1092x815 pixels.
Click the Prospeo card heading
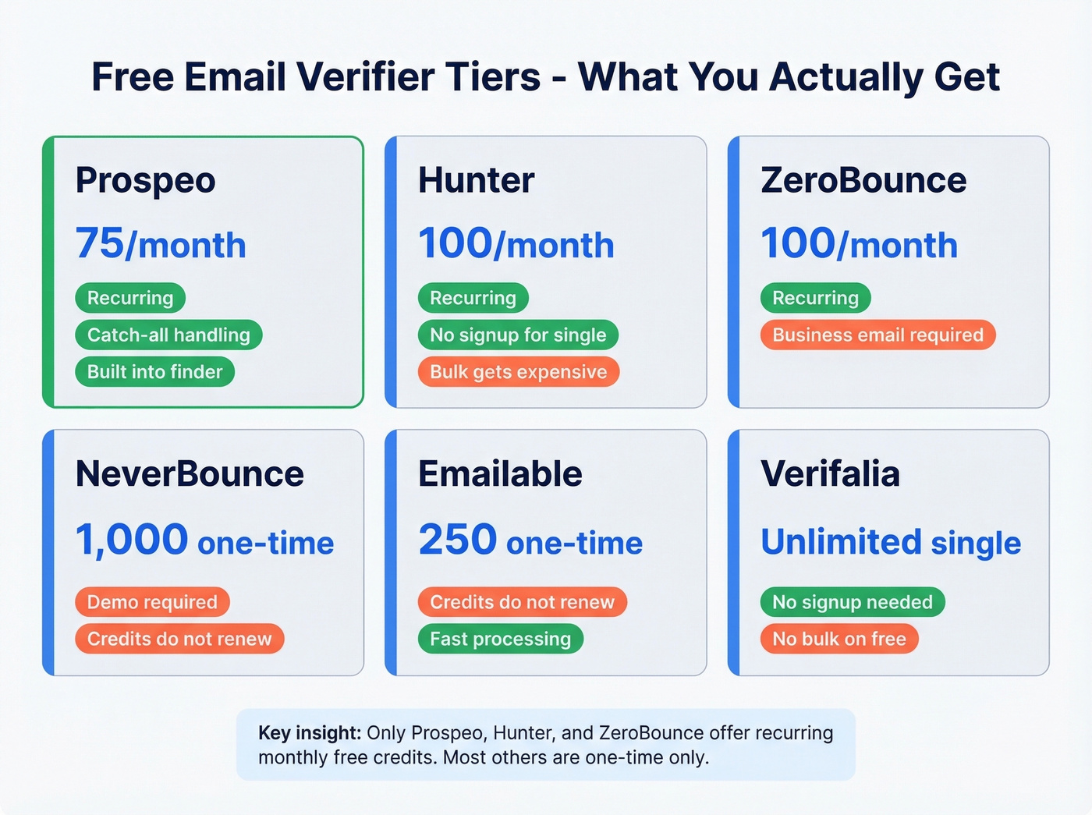(145, 181)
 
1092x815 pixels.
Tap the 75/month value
(161, 244)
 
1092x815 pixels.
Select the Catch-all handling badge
(168, 335)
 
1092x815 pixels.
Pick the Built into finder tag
(154, 372)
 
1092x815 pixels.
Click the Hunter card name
(476, 181)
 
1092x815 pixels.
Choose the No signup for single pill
(518, 335)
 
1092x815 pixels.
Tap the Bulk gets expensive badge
(518, 372)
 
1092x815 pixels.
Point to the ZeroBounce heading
(863, 181)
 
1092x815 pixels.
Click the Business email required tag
(877, 335)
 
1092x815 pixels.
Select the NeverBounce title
(190, 474)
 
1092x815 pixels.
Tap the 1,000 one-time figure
(204, 540)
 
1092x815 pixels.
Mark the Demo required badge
(152, 602)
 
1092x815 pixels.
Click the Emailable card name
(500, 474)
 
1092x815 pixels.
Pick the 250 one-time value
(530, 540)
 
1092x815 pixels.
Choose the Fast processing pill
(500, 640)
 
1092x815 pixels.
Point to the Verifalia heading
(830, 474)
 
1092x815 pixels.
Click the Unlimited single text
(891, 542)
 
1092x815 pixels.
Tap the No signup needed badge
(853, 602)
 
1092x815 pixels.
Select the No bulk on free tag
(839, 640)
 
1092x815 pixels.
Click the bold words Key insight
(310, 733)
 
